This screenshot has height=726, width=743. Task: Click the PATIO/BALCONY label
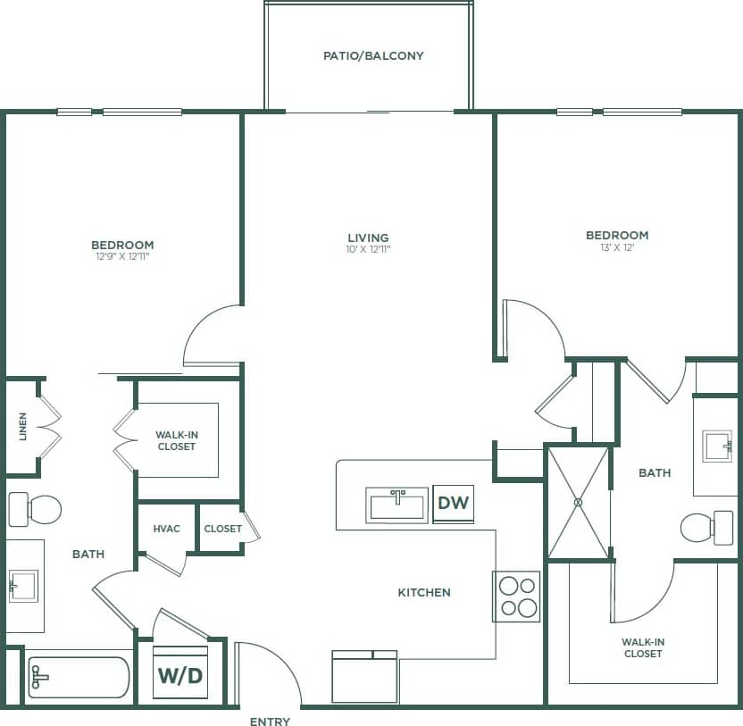coord(373,55)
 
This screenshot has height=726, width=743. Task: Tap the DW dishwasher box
coord(454,504)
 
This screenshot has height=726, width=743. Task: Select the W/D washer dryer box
coord(180,675)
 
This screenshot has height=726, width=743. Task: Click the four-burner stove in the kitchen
coord(517,597)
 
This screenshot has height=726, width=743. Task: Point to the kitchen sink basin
coord(397,505)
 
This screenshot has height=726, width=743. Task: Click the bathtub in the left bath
coord(79,678)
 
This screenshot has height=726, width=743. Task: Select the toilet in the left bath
coord(36,510)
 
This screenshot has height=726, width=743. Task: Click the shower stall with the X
coord(578,502)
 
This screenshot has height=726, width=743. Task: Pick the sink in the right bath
coord(717,446)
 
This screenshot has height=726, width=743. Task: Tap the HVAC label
coord(166,529)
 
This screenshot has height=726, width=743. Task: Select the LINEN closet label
coord(22,427)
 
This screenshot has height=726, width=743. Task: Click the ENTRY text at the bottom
coord(270,721)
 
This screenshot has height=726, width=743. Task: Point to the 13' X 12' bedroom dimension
coord(617,249)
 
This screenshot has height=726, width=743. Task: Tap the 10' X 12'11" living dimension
coord(369,250)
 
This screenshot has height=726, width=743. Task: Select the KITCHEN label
coord(424,592)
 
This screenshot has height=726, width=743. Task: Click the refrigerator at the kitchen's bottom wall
coord(364,678)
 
